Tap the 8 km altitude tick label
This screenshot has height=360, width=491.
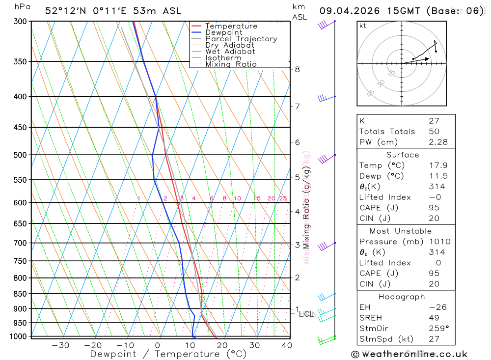297,69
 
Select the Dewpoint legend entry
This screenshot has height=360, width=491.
223,32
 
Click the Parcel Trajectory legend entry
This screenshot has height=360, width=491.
241,39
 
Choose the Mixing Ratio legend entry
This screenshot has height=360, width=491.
231,64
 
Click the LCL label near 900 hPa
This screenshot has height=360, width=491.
306,314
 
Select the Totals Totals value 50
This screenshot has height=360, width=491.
433,131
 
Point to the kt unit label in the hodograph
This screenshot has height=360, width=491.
363,26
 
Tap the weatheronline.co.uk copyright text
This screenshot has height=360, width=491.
409,354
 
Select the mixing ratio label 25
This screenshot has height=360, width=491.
283,198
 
